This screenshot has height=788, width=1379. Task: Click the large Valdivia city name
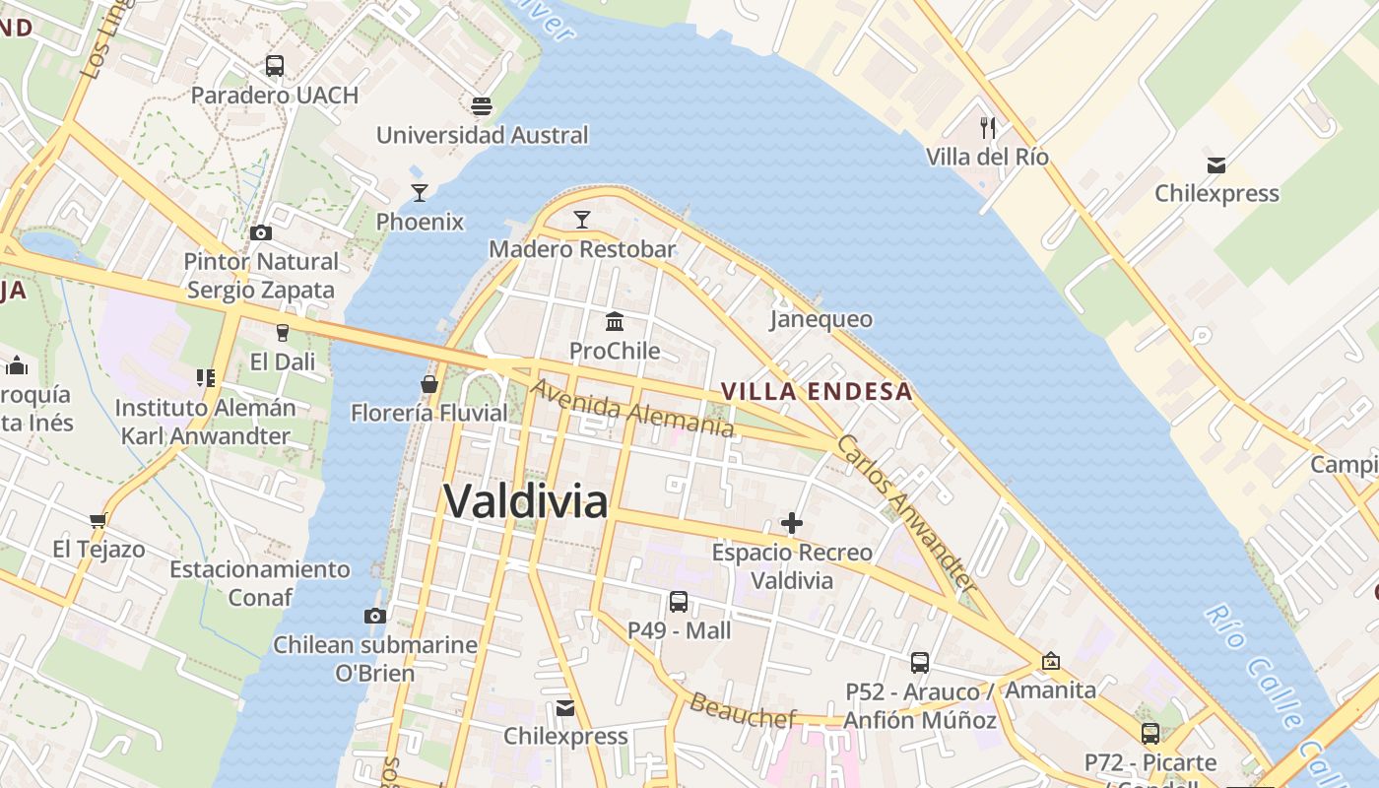[x=526, y=501]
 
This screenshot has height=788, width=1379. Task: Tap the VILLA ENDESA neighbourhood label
[x=817, y=391]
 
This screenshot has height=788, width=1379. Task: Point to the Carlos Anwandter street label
[x=906, y=511]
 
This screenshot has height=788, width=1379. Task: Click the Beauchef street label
[x=742, y=710]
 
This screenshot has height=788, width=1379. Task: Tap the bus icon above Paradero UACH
[x=275, y=66]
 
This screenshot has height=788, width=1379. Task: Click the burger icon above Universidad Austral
[x=482, y=105]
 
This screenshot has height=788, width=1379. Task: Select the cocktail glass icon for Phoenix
[x=420, y=192]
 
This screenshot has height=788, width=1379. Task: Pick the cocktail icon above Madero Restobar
[x=582, y=220]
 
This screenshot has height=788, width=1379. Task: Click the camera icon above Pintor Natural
[x=261, y=232]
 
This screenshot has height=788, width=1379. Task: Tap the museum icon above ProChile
[x=616, y=321]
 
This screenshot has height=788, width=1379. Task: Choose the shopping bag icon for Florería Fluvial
[x=429, y=383]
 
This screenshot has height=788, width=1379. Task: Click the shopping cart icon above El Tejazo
[x=98, y=519]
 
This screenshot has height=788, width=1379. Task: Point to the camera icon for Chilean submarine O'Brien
[x=374, y=616]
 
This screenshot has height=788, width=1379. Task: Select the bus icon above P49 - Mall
[x=679, y=601]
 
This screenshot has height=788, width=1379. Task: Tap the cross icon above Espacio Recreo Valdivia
[x=792, y=523]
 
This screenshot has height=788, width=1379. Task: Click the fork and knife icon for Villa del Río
[x=988, y=127]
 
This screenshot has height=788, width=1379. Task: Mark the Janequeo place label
[x=821, y=319]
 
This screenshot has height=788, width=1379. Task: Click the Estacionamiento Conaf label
[x=260, y=583]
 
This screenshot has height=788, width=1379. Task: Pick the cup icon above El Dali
[x=283, y=332]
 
